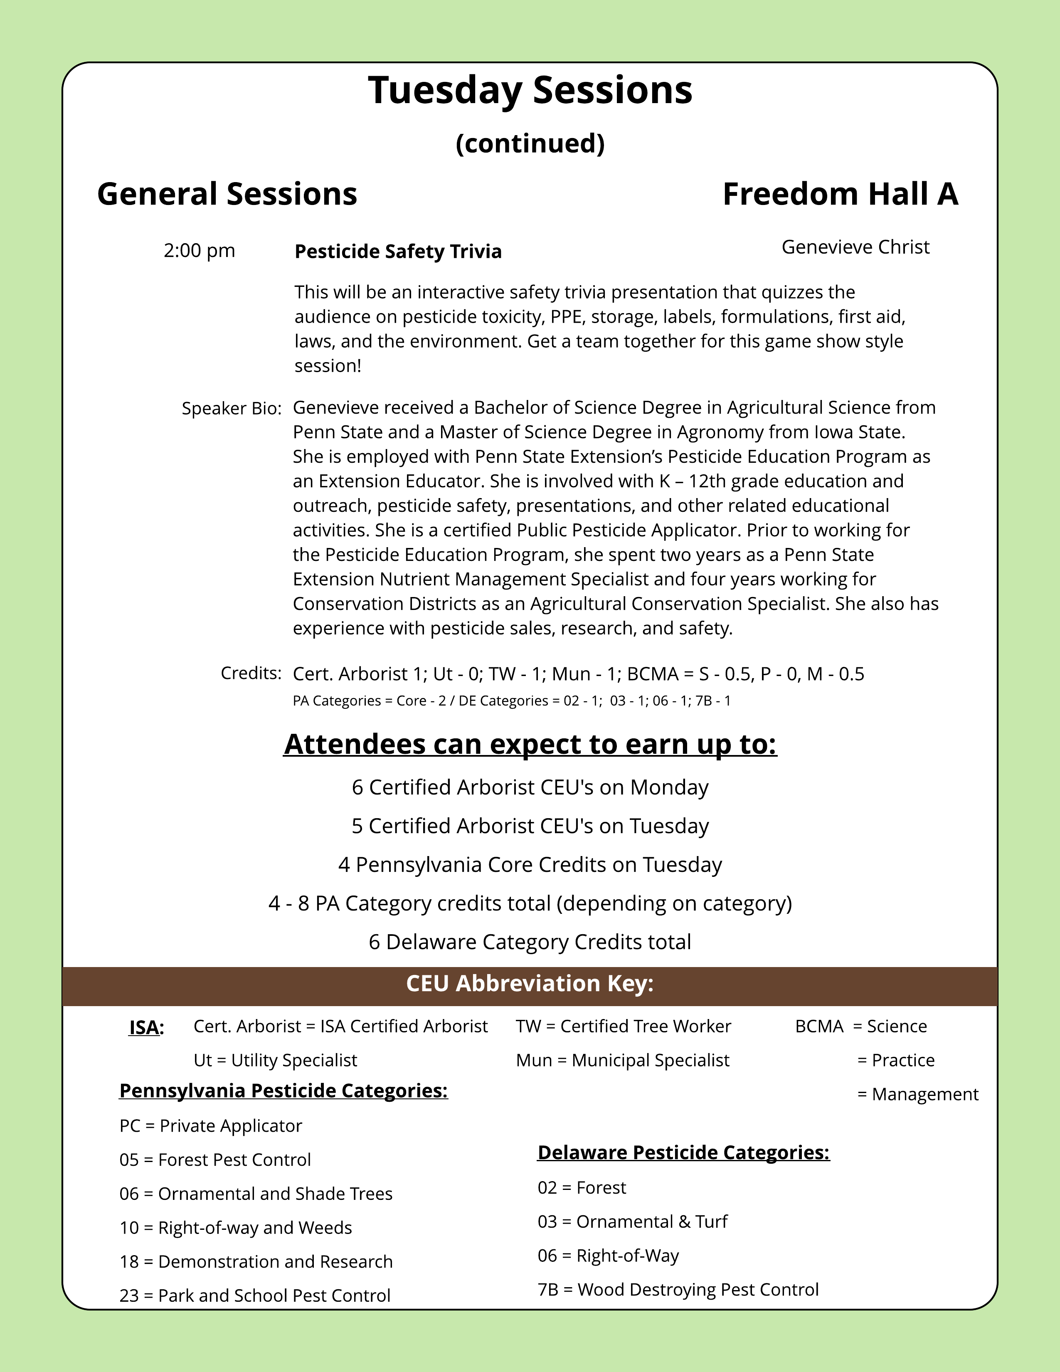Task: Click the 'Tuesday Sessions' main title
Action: pyautogui.click(x=530, y=91)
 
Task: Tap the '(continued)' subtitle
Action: pyautogui.click(x=530, y=143)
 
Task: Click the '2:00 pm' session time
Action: pyautogui.click(x=199, y=251)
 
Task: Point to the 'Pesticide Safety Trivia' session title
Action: pyautogui.click(x=398, y=251)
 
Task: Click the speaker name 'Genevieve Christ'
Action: pyautogui.click(x=855, y=247)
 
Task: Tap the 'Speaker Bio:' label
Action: pyautogui.click(x=232, y=408)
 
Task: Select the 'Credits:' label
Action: pyautogui.click(x=251, y=673)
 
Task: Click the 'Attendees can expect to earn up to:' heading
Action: pyautogui.click(x=530, y=745)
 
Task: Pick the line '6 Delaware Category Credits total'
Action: pyautogui.click(x=530, y=942)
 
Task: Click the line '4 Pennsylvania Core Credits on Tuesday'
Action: pyautogui.click(x=530, y=864)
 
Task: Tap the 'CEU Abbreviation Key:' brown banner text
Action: pyautogui.click(x=530, y=983)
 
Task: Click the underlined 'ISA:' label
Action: pyautogui.click(x=146, y=1027)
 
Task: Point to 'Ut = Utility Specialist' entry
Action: pyautogui.click(x=275, y=1061)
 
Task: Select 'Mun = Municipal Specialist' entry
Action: pyautogui.click(x=622, y=1061)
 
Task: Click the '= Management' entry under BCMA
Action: pyautogui.click(x=917, y=1094)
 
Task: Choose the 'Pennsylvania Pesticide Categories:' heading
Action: pyautogui.click(x=283, y=1091)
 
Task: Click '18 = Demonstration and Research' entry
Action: pyautogui.click(x=256, y=1261)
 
